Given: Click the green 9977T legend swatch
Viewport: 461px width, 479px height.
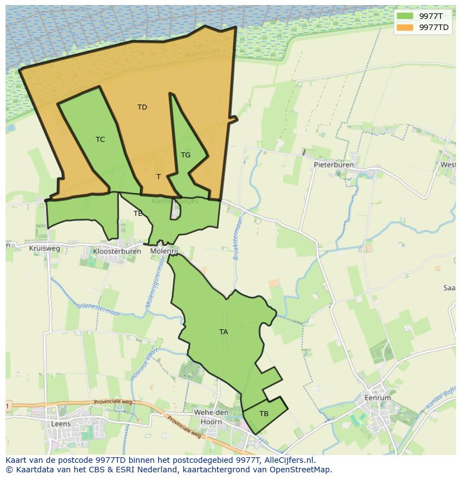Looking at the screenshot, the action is click(x=405, y=16).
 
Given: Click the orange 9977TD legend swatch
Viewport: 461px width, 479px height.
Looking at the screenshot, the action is click(x=405, y=27).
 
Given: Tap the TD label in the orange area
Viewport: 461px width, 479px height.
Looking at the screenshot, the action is click(x=142, y=107).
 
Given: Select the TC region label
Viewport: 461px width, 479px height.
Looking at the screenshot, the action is click(x=100, y=140).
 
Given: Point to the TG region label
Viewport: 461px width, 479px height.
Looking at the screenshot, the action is click(x=185, y=155).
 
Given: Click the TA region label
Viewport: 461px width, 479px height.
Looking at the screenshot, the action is click(x=223, y=332).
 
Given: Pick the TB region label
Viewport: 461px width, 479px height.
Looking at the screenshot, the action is click(x=264, y=414).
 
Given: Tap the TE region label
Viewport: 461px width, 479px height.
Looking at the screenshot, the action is click(x=138, y=214).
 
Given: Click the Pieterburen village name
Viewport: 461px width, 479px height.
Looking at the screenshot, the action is click(x=334, y=165).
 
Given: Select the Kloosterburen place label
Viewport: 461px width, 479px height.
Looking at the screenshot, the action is click(x=117, y=251).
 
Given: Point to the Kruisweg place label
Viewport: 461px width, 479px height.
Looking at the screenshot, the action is click(x=45, y=249).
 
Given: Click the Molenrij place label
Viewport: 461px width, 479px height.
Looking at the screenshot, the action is click(x=164, y=251).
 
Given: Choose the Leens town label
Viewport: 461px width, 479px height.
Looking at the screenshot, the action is click(x=60, y=424).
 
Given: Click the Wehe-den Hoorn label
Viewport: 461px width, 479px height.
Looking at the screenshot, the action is click(x=212, y=417).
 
